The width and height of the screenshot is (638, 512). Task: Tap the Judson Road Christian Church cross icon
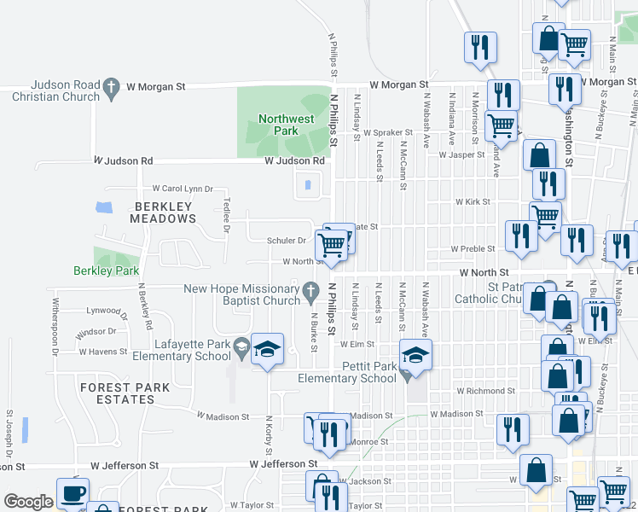tap(111, 86)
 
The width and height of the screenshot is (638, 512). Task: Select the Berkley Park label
tap(106, 271)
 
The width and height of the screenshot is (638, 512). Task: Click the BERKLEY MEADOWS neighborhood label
tap(163, 212)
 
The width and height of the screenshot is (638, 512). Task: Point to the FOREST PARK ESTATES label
tap(125, 393)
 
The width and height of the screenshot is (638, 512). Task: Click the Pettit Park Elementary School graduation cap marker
tap(415, 354)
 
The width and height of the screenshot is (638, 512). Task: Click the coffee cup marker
tap(72, 492)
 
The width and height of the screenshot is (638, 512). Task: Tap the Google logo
tap(28, 502)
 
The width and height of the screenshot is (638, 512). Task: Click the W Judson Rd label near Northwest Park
tap(294, 160)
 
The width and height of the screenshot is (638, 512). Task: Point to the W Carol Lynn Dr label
tap(182, 189)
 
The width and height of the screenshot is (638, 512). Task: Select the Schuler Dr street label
tap(287, 241)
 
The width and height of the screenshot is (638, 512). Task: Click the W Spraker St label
tap(386, 133)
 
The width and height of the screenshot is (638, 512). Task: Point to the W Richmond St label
tap(480, 390)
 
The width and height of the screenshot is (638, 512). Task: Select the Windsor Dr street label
tap(96, 331)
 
